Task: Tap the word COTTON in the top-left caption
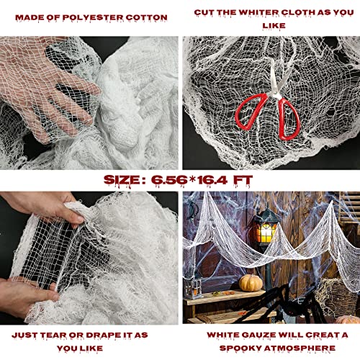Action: click(x=147, y=16)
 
